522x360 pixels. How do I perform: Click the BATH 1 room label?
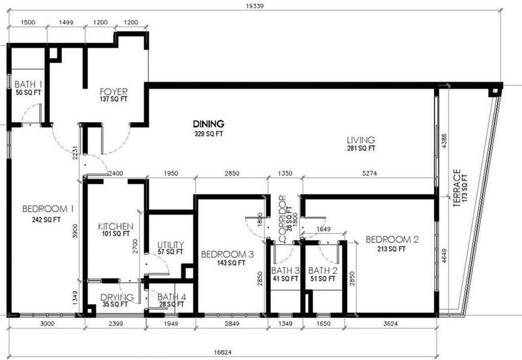pos(28,84)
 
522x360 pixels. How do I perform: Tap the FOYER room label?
pos(114,91)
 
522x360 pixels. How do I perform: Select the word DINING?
pos(209,124)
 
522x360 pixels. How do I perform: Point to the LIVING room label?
pos(361,140)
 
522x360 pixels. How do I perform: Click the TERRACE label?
pos(457,188)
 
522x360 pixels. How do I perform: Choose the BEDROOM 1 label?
pos(48,209)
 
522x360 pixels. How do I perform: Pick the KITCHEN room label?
pos(115,226)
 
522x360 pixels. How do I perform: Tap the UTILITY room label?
pos(170,245)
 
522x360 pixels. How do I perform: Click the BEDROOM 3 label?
pos(227,254)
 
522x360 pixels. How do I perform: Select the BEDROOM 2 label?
pos(392,239)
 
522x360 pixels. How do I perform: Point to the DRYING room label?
pos(117,297)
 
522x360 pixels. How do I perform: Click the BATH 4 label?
pos(172,297)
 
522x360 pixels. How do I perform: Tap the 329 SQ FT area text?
pos(209,134)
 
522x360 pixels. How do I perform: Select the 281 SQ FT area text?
pos(361,148)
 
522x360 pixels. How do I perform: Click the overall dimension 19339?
pos(255,6)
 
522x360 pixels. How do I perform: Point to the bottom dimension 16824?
pos(223,352)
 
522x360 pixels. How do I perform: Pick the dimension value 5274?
pos(369,173)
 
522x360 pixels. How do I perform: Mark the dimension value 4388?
pos(444,141)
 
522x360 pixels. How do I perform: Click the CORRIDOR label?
pos(283,219)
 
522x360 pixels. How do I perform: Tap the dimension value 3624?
pos(390,323)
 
